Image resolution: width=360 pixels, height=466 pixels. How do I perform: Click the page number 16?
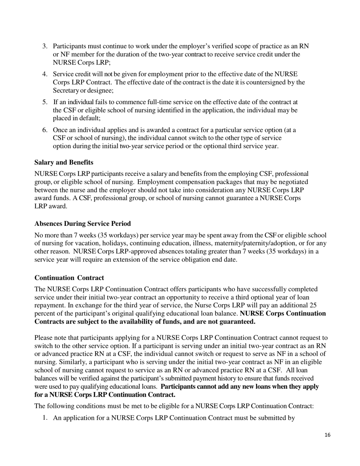[327, 435]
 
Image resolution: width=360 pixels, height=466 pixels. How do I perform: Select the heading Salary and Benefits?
[64, 162]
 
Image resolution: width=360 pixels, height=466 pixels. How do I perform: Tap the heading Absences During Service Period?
[82, 224]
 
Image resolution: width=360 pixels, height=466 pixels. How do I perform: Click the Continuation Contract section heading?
[69, 278]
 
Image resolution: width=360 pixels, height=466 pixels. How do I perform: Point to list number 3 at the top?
[45, 46]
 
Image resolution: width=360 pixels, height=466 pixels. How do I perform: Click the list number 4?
[45, 74]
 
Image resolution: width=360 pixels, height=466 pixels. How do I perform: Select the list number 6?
[45, 130]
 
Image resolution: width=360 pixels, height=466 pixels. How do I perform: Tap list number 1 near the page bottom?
[45, 419]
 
